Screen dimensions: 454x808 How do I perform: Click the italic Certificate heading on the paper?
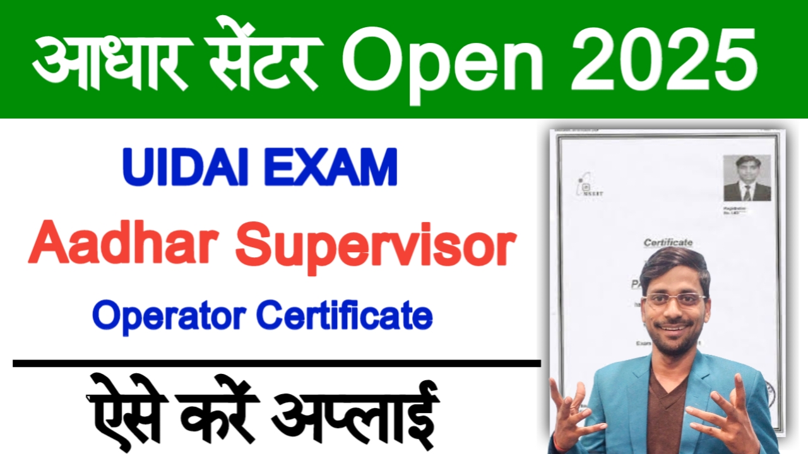[668, 242]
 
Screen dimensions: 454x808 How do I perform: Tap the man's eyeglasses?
[674, 299]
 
